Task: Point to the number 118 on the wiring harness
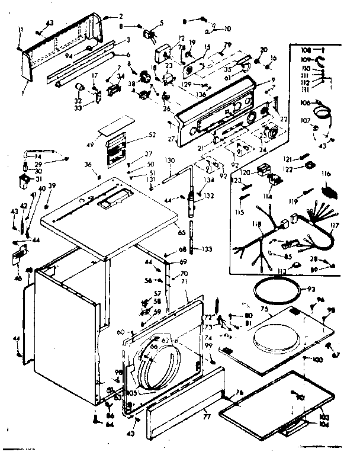point(255,225)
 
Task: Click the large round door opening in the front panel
point(159,369)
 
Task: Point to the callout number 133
point(207,248)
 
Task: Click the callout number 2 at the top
point(120,16)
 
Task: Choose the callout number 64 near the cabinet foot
point(110,424)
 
